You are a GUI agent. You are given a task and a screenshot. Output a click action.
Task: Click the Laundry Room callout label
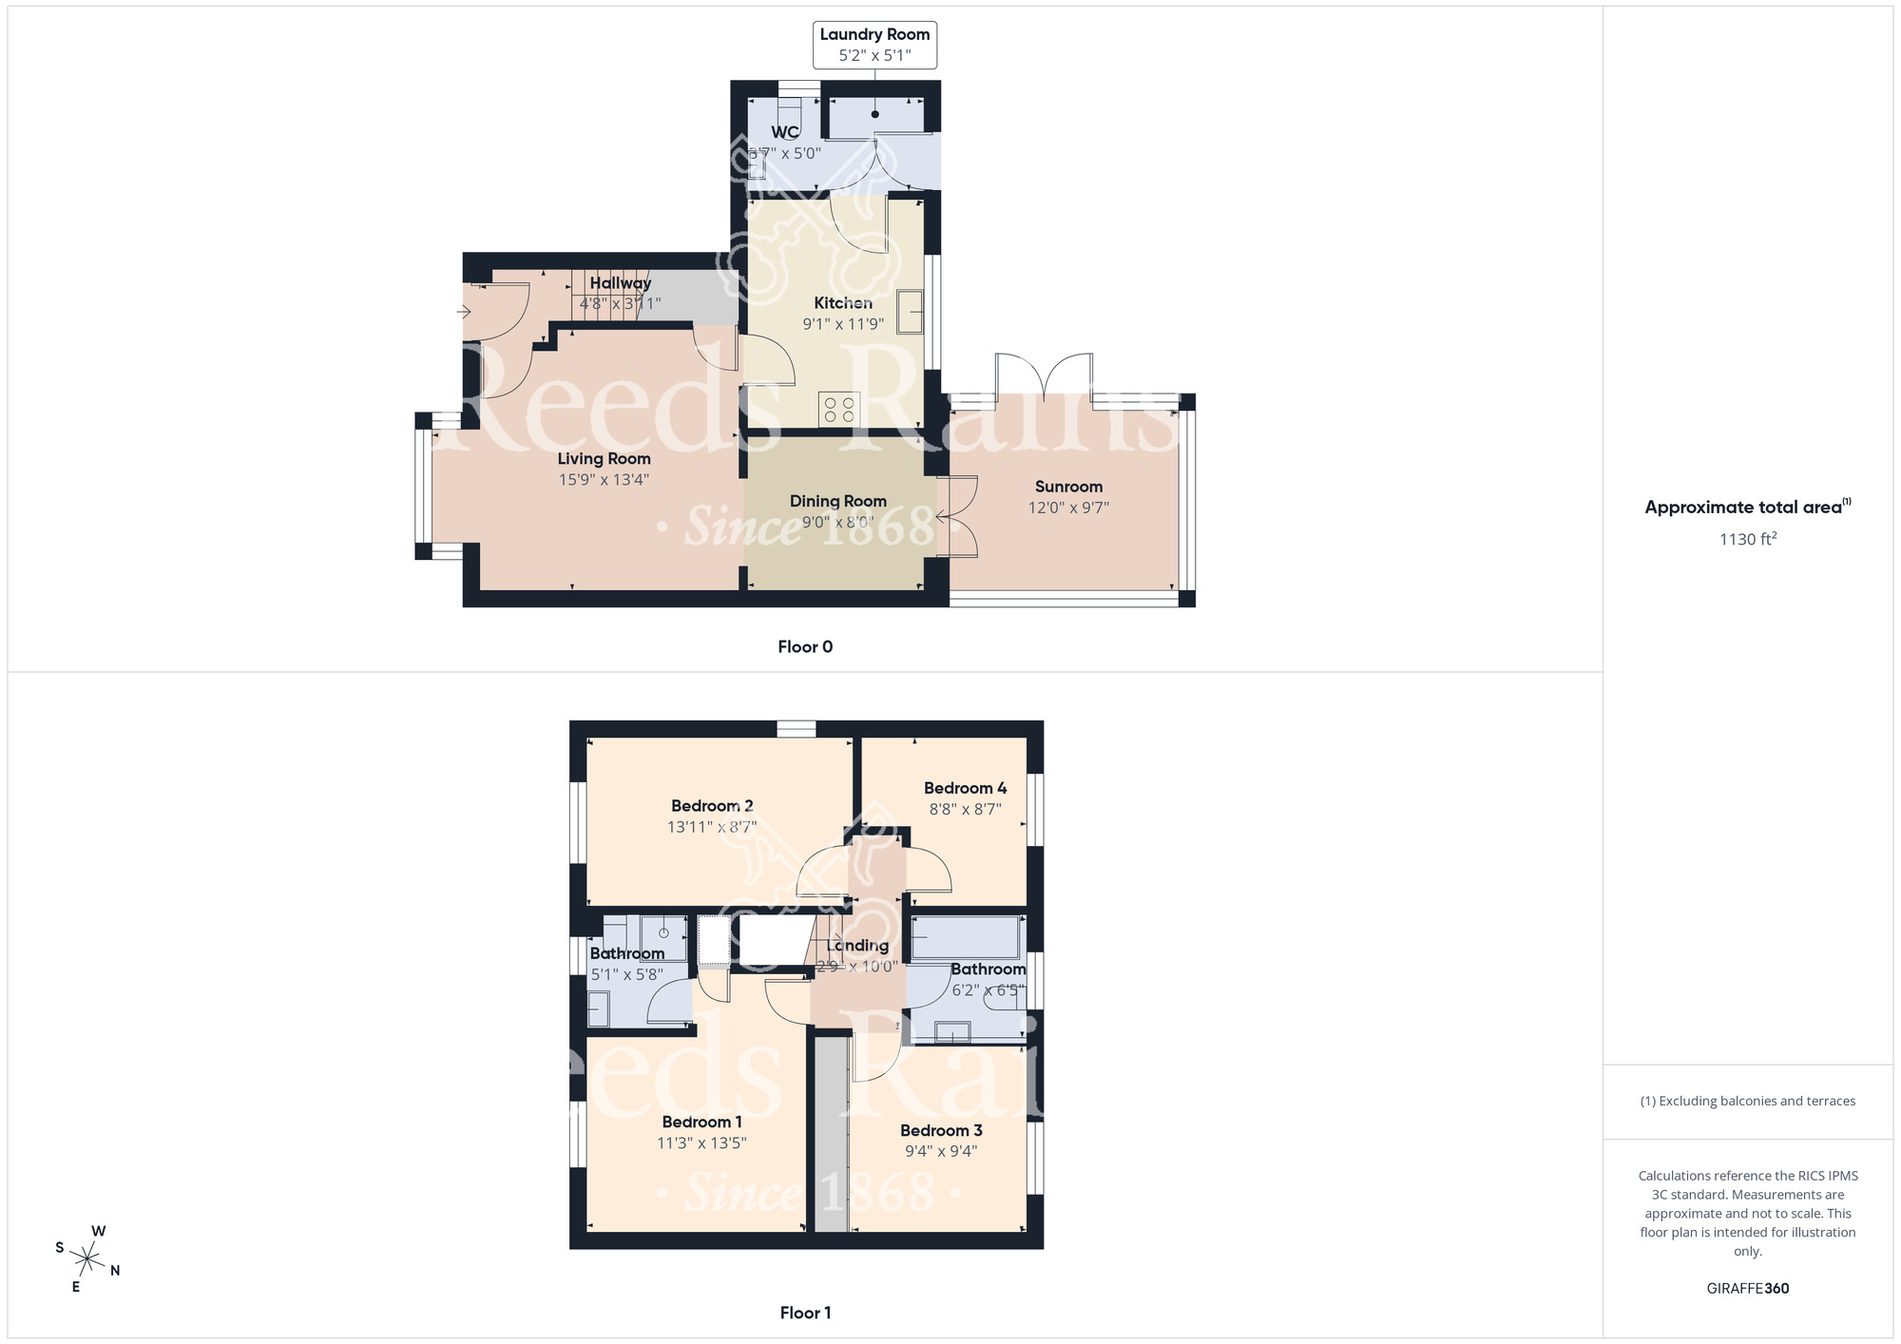pyautogui.click(x=874, y=35)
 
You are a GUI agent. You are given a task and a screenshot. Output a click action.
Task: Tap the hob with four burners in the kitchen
pyautogui.click(x=839, y=410)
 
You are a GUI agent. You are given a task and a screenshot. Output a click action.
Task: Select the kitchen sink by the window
pyautogui.click(x=910, y=311)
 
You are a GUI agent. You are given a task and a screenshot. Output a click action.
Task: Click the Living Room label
pyautogui.click(x=604, y=459)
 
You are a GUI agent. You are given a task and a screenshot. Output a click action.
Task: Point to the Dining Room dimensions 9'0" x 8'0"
pyautogui.click(x=837, y=522)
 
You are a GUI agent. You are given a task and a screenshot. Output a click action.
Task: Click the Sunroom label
pyautogui.click(x=1068, y=487)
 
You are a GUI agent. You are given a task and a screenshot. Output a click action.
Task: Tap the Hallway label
pyautogui.click(x=620, y=283)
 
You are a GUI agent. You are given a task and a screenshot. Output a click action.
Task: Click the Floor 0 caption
pyautogui.click(x=805, y=647)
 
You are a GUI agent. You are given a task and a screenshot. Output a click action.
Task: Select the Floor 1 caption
pyautogui.click(x=805, y=1313)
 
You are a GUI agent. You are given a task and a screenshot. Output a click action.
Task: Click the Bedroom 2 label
pyautogui.click(x=712, y=806)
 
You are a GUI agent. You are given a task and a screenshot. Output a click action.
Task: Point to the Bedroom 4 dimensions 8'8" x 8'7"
pyautogui.click(x=965, y=810)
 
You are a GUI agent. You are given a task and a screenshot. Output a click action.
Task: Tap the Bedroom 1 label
pyautogui.click(x=701, y=1123)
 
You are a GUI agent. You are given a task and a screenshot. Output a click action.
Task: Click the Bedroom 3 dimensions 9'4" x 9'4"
pyautogui.click(x=941, y=1151)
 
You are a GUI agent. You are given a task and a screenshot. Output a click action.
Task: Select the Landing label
pyautogui.click(x=857, y=946)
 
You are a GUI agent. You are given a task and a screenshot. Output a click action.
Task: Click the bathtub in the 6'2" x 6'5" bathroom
pyautogui.click(x=965, y=937)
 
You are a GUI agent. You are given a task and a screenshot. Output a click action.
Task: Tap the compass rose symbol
pyautogui.click(x=87, y=1260)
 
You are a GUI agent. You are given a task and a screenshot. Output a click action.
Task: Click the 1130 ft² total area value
pyautogui.click(x=1747, y=539)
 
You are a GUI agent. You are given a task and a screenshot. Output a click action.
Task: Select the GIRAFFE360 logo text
pyautogui.click(x=1747, y=1289)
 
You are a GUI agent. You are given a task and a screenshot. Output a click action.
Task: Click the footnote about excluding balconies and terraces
pyautogui.click(x=1747, y=1102)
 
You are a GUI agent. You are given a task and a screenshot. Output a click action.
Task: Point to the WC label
pyautogui.click(x=785, y=132)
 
